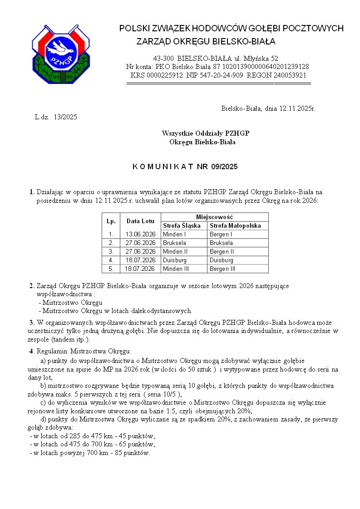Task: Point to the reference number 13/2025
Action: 65,117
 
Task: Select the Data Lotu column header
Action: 140,221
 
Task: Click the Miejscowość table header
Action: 214,217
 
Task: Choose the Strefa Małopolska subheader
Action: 235,225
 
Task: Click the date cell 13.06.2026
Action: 140,234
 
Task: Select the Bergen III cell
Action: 222,269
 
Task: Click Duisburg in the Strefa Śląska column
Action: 175,260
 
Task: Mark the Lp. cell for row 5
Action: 111,269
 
